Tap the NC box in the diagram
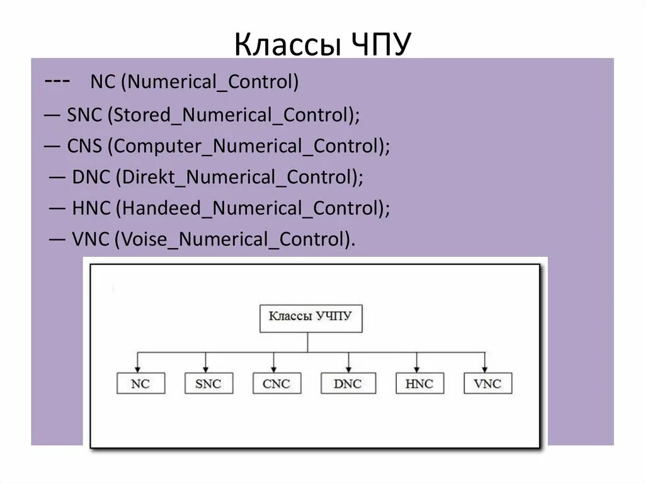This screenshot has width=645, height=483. tap(140, 383)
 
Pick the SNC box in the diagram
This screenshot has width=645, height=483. tap(208, 383)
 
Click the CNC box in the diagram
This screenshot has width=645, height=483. tap(277, 383)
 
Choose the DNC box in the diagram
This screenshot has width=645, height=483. tap(348, 383)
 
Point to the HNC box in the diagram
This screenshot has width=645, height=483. tap(420, 383)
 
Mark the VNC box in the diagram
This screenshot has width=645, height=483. tap(488, 383)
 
